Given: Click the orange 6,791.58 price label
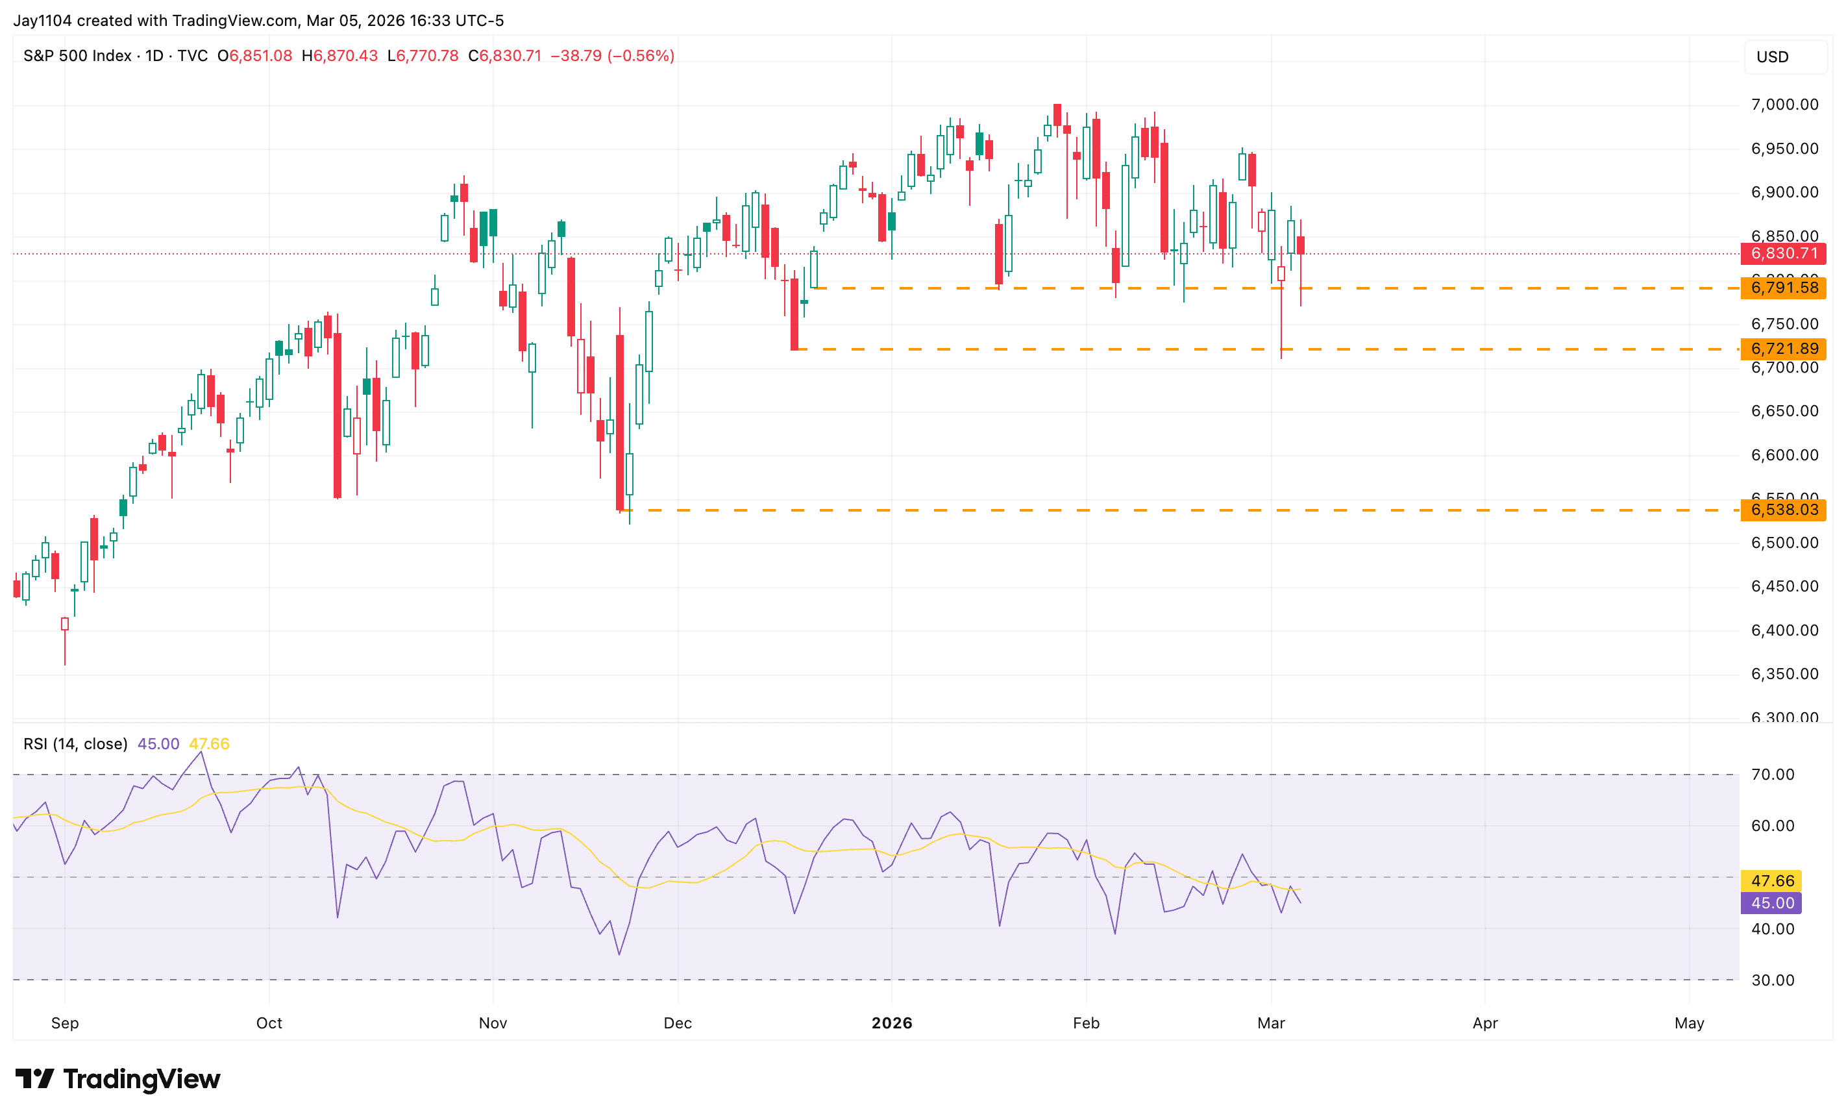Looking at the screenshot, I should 1784,288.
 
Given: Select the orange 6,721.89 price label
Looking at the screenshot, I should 1784,349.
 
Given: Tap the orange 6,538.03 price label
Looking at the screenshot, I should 1784,510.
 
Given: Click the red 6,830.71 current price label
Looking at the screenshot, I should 1784,253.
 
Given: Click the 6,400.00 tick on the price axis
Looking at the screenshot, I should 1784,631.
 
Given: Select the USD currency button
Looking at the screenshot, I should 1773,57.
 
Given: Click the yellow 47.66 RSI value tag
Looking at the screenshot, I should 1772,881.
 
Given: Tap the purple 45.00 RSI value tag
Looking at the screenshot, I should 1772,904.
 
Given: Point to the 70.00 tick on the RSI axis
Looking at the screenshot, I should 1773,775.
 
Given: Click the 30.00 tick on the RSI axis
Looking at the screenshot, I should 1773,981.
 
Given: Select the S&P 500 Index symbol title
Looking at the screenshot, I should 77,56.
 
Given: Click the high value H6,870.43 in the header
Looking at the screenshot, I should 339,56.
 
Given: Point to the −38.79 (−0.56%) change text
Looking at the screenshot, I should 612,56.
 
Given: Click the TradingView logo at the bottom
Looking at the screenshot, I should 118,1079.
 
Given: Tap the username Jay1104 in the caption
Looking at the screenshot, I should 43,20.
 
